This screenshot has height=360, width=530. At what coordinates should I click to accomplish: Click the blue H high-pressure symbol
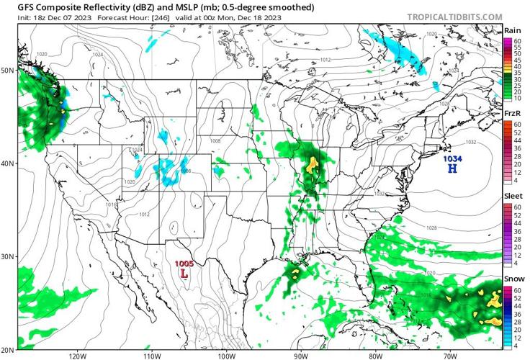[x=452, y=169]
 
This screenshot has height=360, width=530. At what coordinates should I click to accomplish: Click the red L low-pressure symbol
[x=185, y=274]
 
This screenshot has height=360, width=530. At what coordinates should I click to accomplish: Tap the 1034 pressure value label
[x=452, y=158]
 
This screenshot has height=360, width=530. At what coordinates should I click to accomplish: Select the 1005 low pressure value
[x=185, y=264]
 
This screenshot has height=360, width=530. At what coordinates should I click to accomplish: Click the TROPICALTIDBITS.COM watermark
[x=454, y=17]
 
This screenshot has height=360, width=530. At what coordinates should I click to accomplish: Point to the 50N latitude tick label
[x=8, y=71]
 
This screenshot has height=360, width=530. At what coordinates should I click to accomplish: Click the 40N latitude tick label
[x=8, y=163]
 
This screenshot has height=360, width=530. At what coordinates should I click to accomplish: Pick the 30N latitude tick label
[x=8, y=256]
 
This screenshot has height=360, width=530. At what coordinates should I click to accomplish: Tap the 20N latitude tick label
[x=8, y=348]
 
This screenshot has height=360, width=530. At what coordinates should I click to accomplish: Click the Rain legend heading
[x=513, y=30]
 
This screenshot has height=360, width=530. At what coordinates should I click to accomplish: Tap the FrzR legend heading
[x=513, y=114]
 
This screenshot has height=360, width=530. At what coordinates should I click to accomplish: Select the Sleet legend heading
[x=513, y=197]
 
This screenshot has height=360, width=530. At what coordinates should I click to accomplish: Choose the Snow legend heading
[x=513, y=279]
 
